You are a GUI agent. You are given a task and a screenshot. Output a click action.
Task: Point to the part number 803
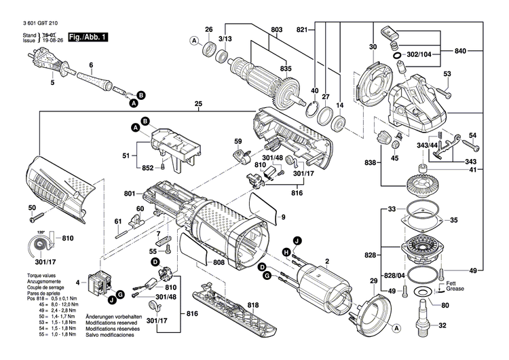click(276, 29)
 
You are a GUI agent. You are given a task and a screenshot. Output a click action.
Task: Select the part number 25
click(198, 105)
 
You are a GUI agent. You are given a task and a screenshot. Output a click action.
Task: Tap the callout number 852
click(147, 168)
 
